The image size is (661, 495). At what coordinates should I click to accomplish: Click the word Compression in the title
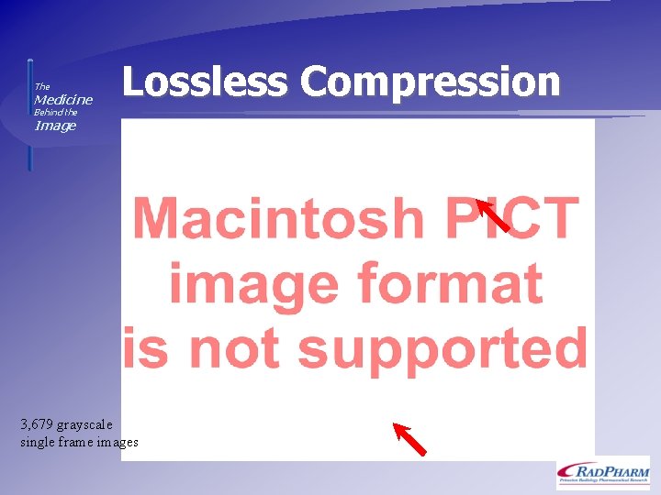[430, 82]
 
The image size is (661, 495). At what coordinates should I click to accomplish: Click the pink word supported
[443, 348]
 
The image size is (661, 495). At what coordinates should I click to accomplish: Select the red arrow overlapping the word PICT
[493, 215]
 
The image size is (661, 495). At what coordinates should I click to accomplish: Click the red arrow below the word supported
[409, 438]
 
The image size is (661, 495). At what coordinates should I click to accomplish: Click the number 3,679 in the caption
[37, 424]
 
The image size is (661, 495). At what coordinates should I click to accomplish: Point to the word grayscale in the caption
[85, 424]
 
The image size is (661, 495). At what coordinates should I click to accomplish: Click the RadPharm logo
[602, 472]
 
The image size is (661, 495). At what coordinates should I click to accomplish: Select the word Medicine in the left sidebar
[63, 99]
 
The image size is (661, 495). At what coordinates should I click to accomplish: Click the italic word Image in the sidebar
[55, 126]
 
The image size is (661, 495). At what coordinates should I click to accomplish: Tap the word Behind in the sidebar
[47, 112]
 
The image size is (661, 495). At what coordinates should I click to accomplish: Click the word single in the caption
[37, 442]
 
